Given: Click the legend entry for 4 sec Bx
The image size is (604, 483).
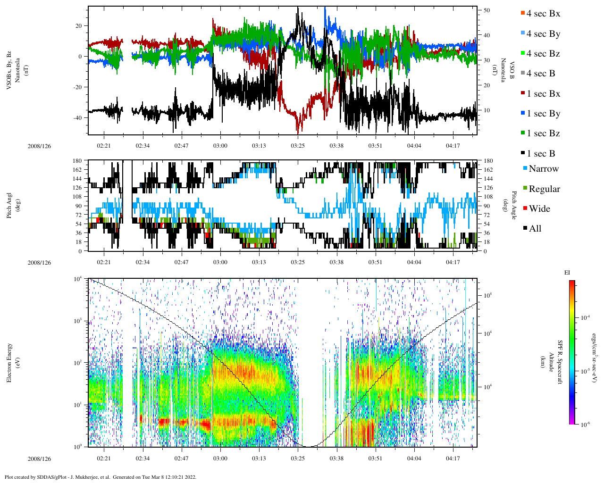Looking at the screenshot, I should tap(543, 14).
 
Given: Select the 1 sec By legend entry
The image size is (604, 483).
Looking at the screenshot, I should tap(543, 114).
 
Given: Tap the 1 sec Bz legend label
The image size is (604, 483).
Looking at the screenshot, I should tap(543, 133).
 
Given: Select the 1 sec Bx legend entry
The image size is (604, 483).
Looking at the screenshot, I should tap(543, 94).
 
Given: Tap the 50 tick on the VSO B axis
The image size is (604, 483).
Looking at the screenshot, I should tap(487, 10).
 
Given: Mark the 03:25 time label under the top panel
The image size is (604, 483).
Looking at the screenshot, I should tap(297, 146).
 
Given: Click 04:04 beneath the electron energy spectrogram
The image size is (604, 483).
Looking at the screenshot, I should tap(414, 458).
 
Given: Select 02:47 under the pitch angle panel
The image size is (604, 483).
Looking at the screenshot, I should tap(181, 262).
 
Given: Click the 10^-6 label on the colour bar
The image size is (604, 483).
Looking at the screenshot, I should tap(585, 425).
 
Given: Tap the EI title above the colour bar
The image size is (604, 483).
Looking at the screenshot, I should tap(567, 273).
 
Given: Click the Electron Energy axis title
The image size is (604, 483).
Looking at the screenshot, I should tap(9, 362).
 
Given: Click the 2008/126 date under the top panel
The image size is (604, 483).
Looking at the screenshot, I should tap(39, 146).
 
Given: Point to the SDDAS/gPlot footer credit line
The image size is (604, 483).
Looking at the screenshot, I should tap(101, 477).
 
